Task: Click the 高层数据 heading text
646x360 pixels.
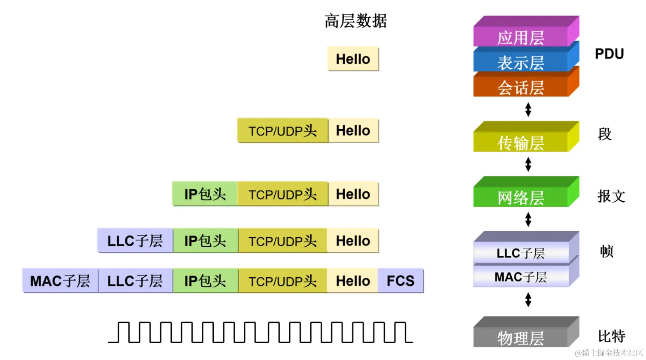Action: (x=355, y=21)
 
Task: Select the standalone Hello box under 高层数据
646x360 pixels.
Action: (x=353, y=59)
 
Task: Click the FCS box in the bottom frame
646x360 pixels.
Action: (x=400, y=281)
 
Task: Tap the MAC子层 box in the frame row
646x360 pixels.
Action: (x=60, y=281)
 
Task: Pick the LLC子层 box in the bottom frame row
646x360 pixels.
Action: (x=135, y=281)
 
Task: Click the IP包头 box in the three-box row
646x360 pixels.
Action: (x=205, y=194)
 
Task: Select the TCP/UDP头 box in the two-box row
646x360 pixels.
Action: (x=282, y=131)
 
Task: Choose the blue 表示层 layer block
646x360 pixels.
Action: (x=521, y=63)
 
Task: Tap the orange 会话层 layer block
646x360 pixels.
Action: (x=521, y=88)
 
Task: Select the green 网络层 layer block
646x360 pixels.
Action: (x=521, y=197)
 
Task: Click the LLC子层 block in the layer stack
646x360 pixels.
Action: (x=521, y=253)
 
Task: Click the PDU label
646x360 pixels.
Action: (x=609, y=54)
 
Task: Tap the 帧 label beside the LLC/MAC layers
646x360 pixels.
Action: (x=607, y=251)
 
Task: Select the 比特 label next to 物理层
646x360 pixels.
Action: (x=611, y=336)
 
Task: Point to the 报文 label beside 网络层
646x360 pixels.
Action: (x=611, y=197)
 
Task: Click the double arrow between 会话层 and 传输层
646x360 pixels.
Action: (x=528, y=109)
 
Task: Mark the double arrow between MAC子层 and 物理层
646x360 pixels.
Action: (x=528, y=299)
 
